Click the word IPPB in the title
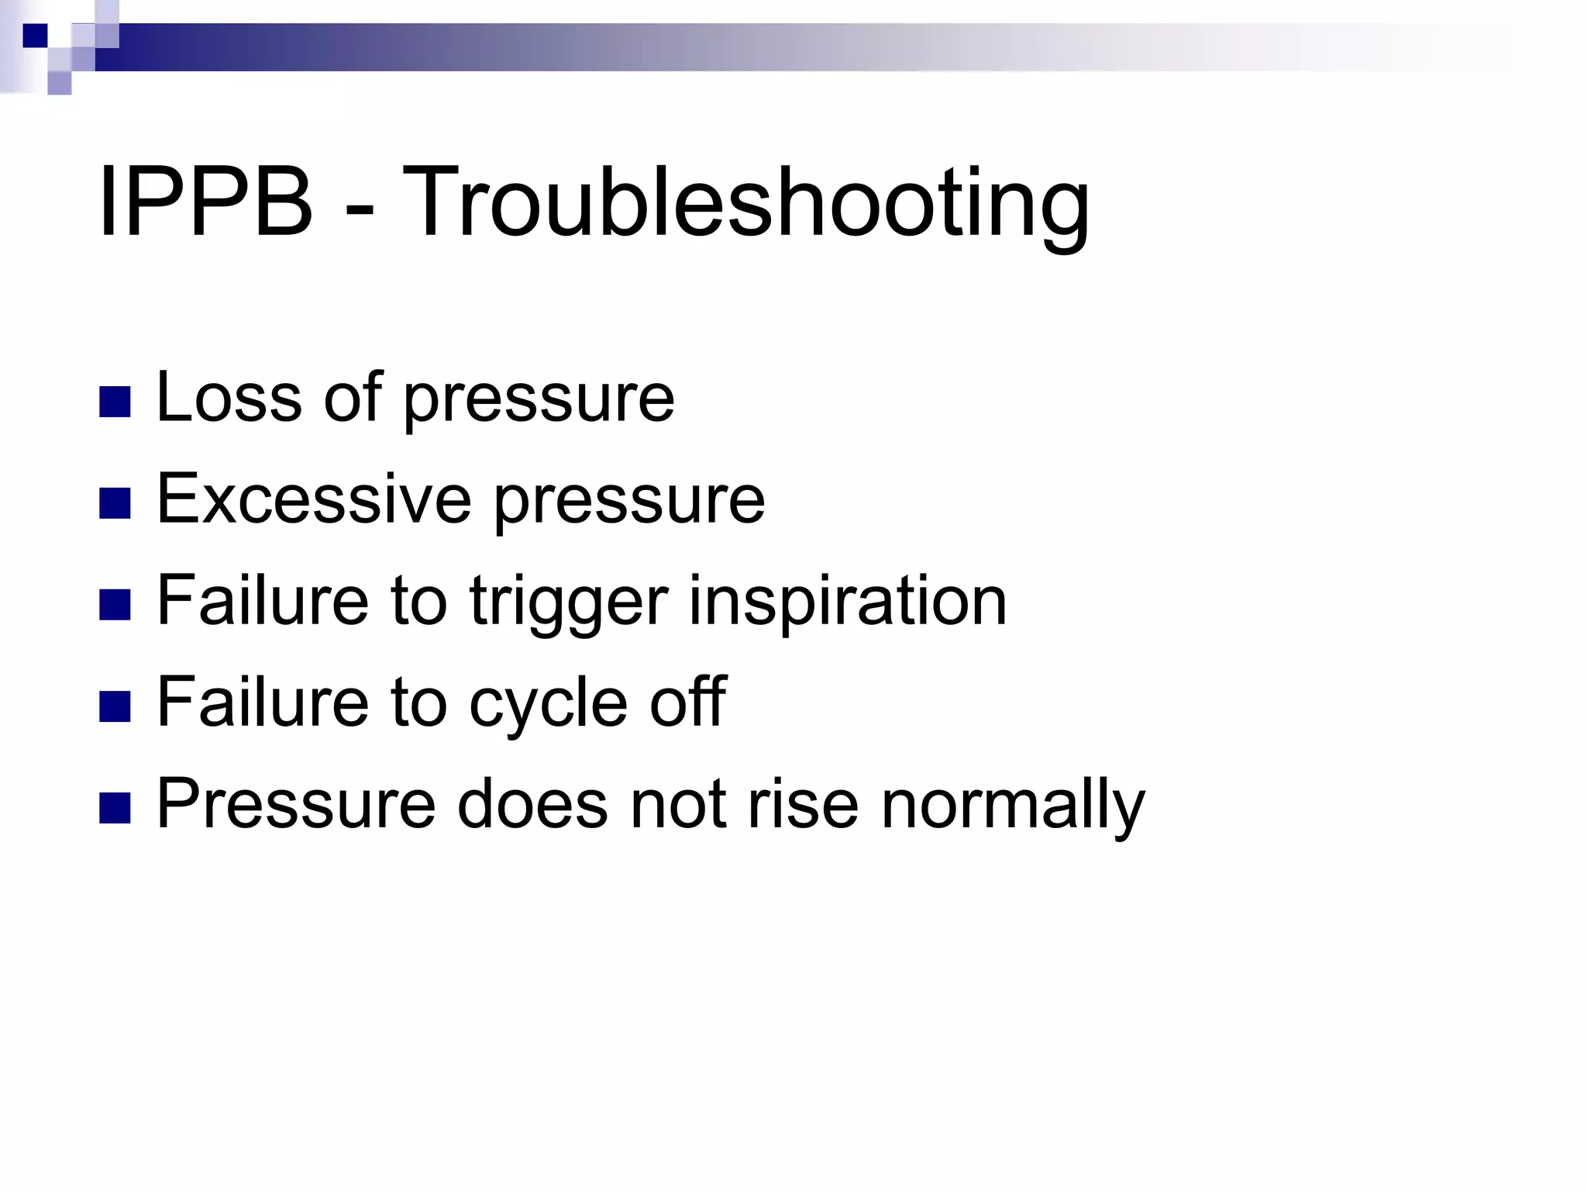pos(205,203)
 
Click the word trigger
pos(569,602)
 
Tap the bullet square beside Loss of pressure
pos(115,402)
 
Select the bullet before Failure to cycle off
pos(115,706)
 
